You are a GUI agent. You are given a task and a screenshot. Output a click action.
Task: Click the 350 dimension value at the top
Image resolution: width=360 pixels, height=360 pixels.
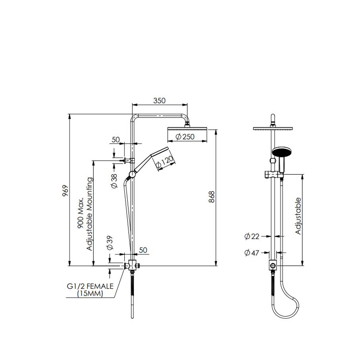pyautogui.click(x=159, y=101)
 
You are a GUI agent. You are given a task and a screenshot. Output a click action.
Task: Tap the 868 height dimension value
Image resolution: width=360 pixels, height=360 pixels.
pyautogui.click(x=211, y=197)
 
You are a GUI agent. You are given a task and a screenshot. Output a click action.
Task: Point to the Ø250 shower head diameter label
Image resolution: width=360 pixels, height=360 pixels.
pyautogui.click(x=185, y=137)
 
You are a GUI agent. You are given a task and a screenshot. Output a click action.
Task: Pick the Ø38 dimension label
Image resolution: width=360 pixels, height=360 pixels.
pyautogui.click(x=114, y=180)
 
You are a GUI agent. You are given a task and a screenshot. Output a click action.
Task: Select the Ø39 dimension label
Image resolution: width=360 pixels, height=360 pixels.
pyautogui.click(x=110, y=242)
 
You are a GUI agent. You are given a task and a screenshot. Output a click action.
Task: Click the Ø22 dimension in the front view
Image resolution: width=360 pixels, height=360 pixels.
pyautogui.click(x=252, y=236)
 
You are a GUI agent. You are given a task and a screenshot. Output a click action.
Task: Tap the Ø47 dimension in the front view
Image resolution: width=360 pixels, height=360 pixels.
pyautogui.click(x=252, y=252)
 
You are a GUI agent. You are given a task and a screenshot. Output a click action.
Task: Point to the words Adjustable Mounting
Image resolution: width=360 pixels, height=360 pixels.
pyautogui.click(x=90, y=214)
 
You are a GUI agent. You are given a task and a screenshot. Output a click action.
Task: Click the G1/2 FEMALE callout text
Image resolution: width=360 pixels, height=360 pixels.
pyautogui.click(x=90, y=286)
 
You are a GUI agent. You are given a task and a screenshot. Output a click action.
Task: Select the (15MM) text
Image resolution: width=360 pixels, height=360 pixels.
pyautogui.click(x=90, y=294)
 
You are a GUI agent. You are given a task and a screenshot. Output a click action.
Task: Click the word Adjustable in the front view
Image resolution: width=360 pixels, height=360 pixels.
pyautogui.click(x=298, y=216)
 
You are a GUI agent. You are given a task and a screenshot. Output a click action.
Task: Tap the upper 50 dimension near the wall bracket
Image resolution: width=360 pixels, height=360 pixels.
pyautogui.click(x=115, y=139)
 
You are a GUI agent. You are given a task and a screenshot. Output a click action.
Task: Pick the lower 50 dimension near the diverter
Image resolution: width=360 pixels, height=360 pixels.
pyautogui.click(x=143, y=250)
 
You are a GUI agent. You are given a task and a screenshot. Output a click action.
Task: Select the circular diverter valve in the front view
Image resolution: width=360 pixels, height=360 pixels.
pyautogui.click(x=273, y=265)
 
